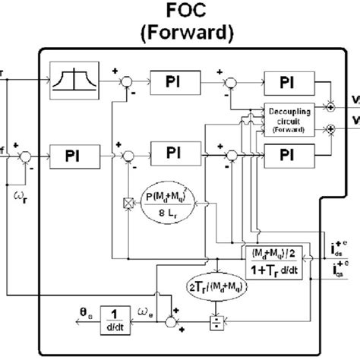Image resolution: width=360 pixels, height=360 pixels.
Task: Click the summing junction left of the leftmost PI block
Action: click(24, 155)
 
